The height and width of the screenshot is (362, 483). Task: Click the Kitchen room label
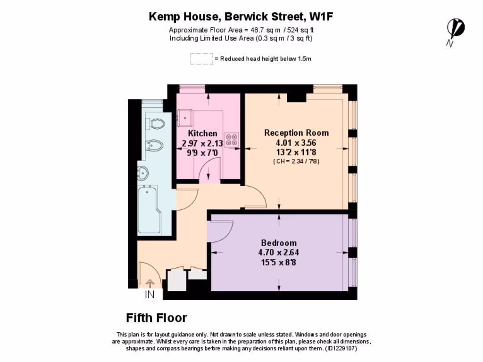point(202,134)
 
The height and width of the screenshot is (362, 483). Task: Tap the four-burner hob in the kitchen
point(232,139)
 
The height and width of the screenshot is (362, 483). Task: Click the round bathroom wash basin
point(142,173)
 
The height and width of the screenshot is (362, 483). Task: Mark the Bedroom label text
point(279,243)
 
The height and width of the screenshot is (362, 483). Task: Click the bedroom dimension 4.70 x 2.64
point(279,253)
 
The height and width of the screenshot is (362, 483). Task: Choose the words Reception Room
point(296,132)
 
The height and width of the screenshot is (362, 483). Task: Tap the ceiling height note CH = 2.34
point(296,161)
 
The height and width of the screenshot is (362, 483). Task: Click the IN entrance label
point(150,295)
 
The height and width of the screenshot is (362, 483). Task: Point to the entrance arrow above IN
point(150,283)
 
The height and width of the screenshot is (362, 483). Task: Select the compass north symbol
point(455,29)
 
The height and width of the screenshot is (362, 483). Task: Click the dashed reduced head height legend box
point(201,59)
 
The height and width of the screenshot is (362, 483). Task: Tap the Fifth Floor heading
point(156,318)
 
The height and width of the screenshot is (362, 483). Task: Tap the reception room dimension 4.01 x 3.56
point(296,143)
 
